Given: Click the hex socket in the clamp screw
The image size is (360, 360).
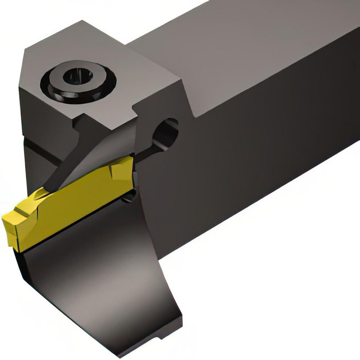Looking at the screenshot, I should click(x=79, y=76).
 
